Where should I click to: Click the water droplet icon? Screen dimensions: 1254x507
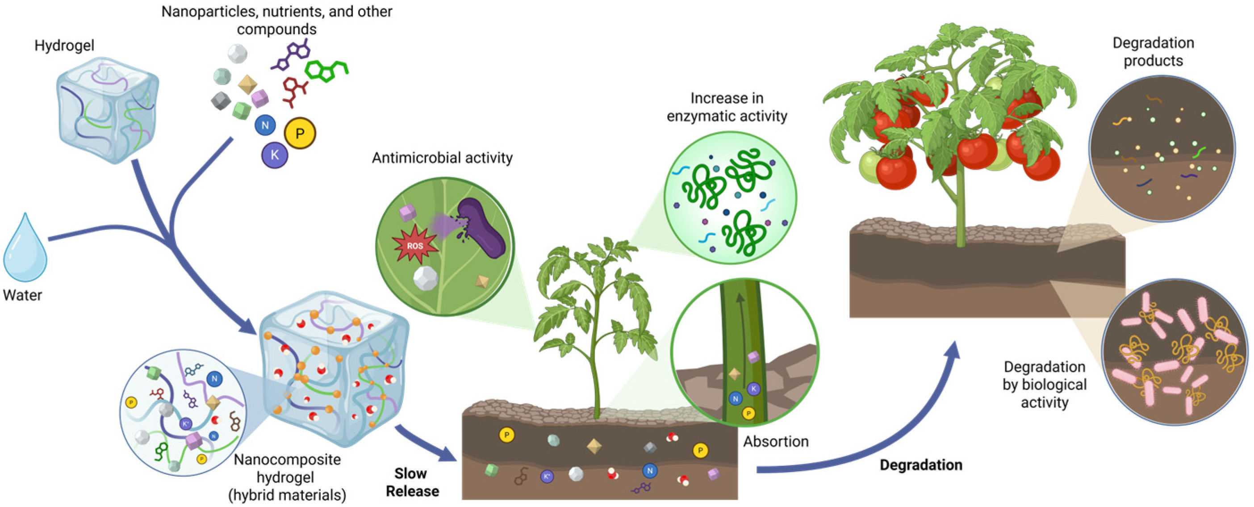coord(25,249)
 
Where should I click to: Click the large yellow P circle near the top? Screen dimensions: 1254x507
coord(300,133)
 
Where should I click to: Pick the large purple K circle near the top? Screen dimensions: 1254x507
coord(275,155)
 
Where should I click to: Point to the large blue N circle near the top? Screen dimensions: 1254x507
coord(265,125)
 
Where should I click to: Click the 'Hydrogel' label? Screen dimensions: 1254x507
coord(64,46)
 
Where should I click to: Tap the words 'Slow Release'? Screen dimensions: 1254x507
coord(412,482)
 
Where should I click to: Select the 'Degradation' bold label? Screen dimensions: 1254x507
coord(920,465)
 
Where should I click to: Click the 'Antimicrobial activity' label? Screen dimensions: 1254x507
coord(442,158)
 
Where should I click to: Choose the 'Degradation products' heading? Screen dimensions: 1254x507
coord(1153,52)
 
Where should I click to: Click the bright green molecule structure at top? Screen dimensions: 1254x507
coord(326,71)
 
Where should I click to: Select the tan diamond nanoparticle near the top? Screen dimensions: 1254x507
coord(247,84)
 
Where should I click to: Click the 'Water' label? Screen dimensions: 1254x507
coord(22,295)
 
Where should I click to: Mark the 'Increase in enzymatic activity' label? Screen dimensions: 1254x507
coord(727,107)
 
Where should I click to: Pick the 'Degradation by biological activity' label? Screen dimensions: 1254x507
coord(1044,384)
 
